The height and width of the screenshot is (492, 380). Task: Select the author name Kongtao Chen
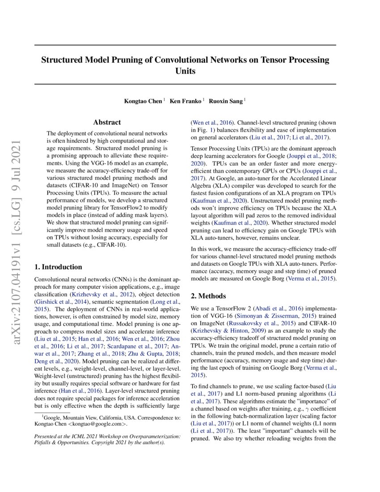click(x=143, y=101)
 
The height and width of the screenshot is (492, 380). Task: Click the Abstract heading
click(x=107, y=122)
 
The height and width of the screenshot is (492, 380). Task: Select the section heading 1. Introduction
click(x=58, y=267)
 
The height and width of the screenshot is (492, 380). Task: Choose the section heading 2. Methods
click(x=208, y=296)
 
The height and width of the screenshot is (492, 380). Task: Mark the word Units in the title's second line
click(x=185, y=71)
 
